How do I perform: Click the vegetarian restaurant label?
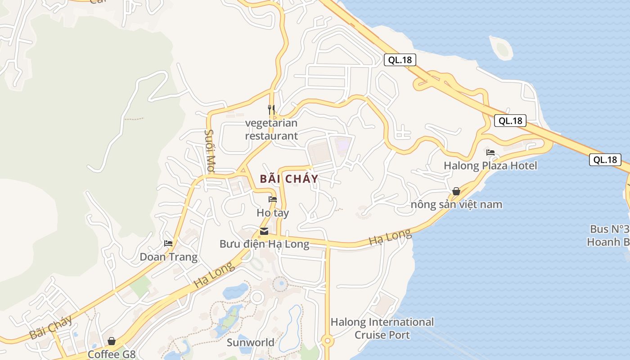[271, 129]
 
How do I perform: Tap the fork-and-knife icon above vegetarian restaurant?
[271, 109]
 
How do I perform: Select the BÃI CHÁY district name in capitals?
[289, 179]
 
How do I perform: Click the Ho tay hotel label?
[273, 212]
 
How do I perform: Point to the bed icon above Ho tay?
[273, 199]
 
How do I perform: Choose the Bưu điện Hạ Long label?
[264, 244]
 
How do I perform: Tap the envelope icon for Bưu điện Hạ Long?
[264, 231]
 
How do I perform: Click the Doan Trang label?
[169, 257]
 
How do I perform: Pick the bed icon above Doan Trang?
[168, 243]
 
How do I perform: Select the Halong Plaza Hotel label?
[490, 166]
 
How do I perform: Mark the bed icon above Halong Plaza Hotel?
[490, 153]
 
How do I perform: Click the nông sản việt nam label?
[456, 205]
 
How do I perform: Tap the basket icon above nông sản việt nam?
[456, 191]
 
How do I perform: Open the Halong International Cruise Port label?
[382, 328]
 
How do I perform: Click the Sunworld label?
[251, 342]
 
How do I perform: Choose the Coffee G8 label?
[112, 354]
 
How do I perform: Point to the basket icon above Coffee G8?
[112, 341]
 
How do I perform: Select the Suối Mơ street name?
[210, 151]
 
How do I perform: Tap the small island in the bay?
[501, 48]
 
